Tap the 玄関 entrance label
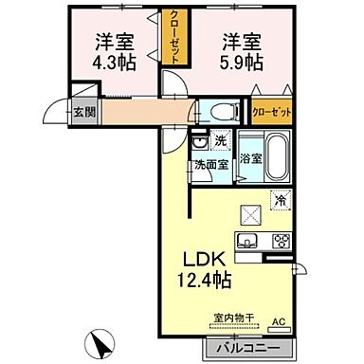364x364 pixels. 82,111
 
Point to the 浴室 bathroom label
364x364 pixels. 250,159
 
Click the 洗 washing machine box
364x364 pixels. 219,142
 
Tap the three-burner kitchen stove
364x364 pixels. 280,240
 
